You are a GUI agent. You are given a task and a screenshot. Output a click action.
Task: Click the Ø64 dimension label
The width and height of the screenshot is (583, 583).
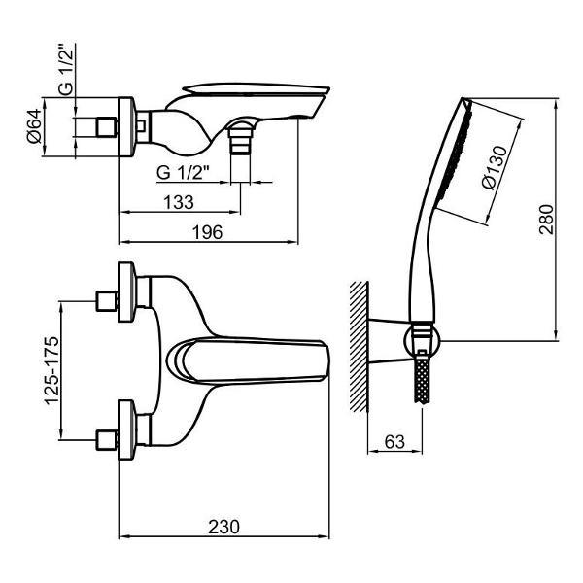(x=35, y=126)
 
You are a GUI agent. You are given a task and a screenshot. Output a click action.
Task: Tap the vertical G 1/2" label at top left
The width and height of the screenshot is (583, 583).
(x=66, y=70)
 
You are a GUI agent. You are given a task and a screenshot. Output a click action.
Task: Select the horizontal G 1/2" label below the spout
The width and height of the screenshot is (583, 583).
(x=183, y=172)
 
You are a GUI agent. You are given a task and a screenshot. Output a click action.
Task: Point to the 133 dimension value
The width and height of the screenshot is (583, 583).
(x=179, y=202)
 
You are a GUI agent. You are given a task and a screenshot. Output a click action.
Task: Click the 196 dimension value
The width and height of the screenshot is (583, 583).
(x=208, y=233)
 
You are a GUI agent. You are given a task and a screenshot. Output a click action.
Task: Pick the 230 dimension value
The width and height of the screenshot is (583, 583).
(x=223, y=527)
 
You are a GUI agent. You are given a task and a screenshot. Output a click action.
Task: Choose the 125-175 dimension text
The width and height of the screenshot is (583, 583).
(x=51, y=370)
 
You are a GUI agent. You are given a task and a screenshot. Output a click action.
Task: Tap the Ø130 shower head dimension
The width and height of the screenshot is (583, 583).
(x=495, y=168)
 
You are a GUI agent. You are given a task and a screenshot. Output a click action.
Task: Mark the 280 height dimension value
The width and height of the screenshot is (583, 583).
(x=546, y=220)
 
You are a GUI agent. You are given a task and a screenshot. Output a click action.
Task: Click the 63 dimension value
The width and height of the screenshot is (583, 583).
(x=394, y=442)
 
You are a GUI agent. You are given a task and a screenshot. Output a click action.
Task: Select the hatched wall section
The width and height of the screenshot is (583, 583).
(x=359, y=347)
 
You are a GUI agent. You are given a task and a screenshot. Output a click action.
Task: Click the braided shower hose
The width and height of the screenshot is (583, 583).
(x=423, y=380)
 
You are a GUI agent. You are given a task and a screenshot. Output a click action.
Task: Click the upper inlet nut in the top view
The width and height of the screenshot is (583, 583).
(x=107, y=301)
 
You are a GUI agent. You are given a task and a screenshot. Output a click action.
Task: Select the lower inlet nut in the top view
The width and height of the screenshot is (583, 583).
(x=107, y=440)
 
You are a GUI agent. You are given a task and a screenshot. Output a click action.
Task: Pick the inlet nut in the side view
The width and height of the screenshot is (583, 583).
(x=107, y=127)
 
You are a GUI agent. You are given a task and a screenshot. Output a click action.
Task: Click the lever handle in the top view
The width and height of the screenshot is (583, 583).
(x=248, y=360)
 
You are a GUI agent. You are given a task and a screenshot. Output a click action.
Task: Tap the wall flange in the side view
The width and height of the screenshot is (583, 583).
(x=126, y=127)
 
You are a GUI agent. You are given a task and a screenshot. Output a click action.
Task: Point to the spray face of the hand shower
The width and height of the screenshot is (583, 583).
(x=455, y=152)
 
